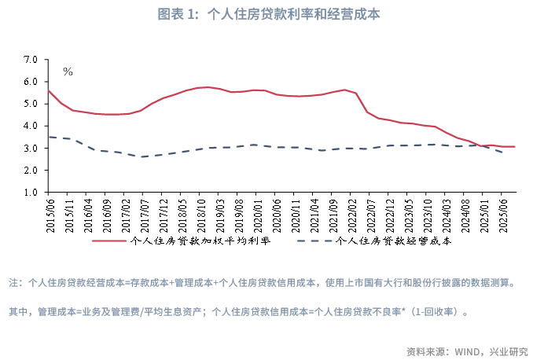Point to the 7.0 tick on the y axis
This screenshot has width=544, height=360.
[31, 59]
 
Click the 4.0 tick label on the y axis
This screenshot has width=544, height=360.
[31, 126]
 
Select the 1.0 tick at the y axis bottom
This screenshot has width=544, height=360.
[31, 192]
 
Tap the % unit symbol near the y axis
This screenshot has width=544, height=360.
[68, 72]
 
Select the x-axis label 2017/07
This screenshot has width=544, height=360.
[142, 211]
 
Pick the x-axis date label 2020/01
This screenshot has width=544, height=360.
[257, 211]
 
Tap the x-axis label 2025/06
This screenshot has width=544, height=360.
[501, 211]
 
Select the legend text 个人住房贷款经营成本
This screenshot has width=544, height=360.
[394, 241]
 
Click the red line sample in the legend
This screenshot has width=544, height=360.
[109, 242]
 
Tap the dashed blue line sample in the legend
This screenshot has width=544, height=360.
[315, 242]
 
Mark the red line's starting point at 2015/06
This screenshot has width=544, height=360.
[49, 90]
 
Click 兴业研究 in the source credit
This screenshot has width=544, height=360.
[508, 351]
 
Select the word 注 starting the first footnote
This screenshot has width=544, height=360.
[13, 282]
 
